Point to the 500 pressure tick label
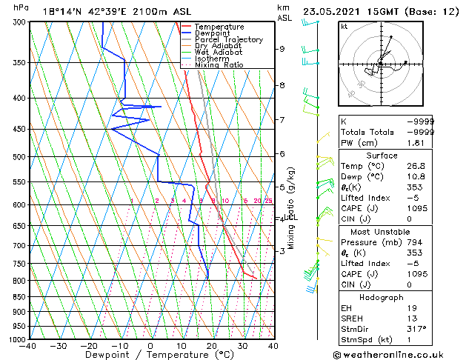click(18, 157)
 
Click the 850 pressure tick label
click(18, 297)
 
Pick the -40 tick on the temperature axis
click(29, 346)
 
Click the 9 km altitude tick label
click(282, 49)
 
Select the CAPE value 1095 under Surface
click(424, 209)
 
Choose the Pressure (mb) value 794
click(424, 241)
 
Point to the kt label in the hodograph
click(344, 27)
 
